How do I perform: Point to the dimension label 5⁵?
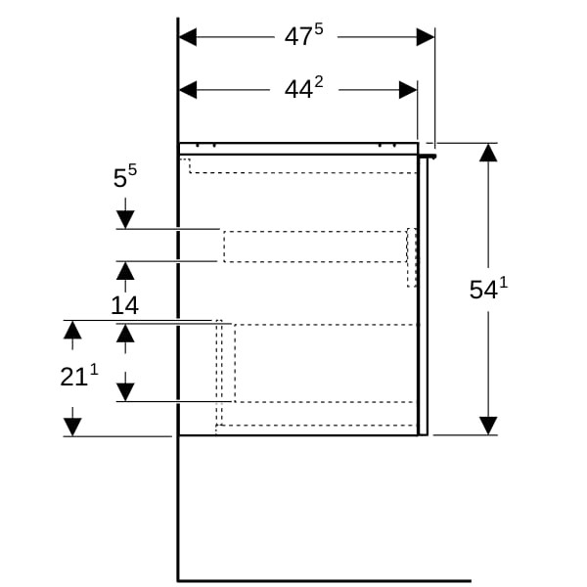click(125, 177)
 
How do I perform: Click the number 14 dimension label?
click(124, 305)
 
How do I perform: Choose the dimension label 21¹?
click(78, 375)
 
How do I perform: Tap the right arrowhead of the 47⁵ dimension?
click(425, 37)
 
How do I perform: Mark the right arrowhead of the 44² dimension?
click(408, 90)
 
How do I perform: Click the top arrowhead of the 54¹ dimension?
click(487, 153)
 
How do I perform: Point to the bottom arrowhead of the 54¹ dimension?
click(487, 425)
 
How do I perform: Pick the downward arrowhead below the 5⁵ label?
click(125, 219)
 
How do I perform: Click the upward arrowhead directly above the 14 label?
click(125, 271)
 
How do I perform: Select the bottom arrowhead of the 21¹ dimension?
click(71, 427)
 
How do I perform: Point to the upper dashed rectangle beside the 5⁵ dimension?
click(314, 246)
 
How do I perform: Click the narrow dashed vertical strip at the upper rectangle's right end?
click(412, 257)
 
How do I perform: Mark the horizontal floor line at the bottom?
click(323, 580)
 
